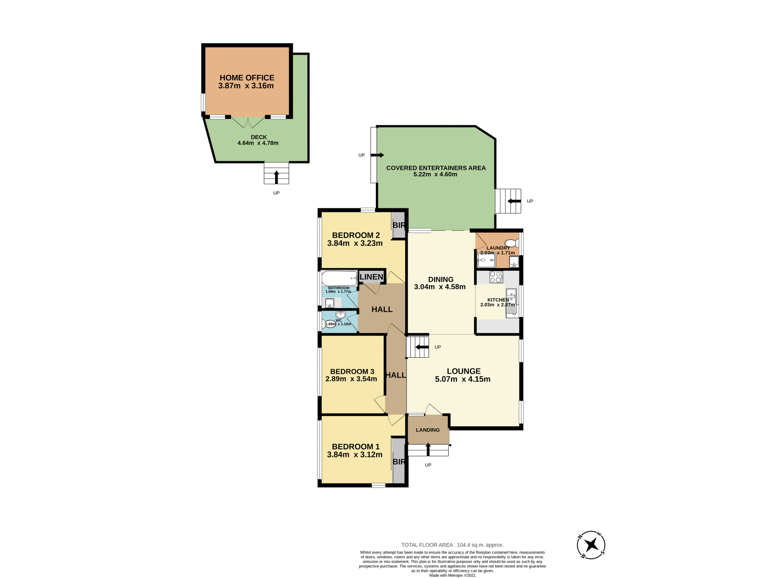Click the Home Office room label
pyautogui.click(x=247, y=78)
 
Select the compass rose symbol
pyautogui.click(x=591, y=545)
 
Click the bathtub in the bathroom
pyautogui.click(x=339, y=278)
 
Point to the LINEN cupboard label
pyautogui.click(x=371, y=277)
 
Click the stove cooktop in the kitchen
pyautogui.click(x=496, y=277)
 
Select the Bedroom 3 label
pyautogui.click(x=352, y=372)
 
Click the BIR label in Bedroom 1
pyautogui.click(x=399, y=462)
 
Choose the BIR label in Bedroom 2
pyautogui.click(x=399, y=225)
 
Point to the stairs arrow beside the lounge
pyautogui.click(x=421, y=347)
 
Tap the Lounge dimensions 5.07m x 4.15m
pyautogui.click(x=462, y=379)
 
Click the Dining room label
pyautogui.click(x=440, y=279)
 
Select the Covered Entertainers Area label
pyautogui.click(x=436, y=168)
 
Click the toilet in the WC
pyautogui.click(x=330, y=324)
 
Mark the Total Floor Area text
pyautogui.click(x=452, y=545)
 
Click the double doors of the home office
pyautogui.click(x=248, y=122)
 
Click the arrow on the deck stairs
pyautogui.click(x=276, y=177)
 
